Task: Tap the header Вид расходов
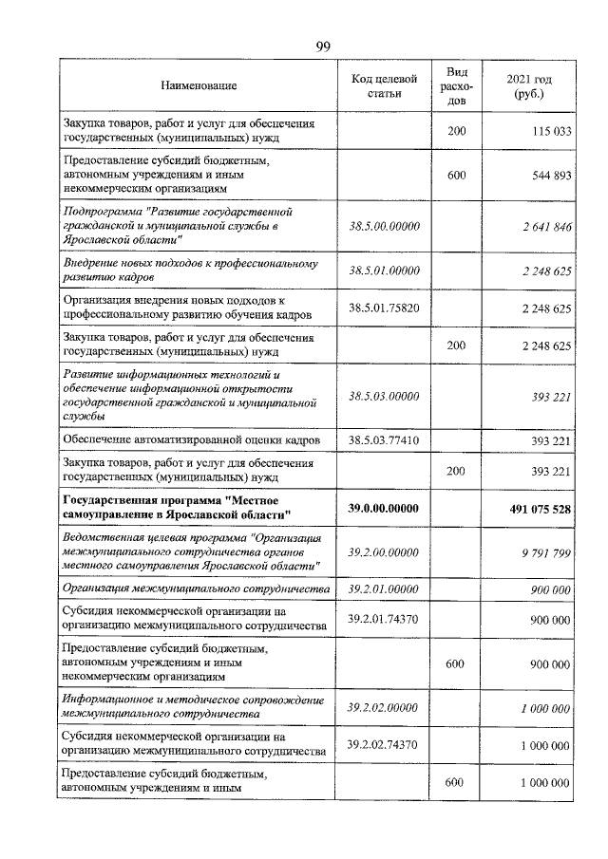(457, 85)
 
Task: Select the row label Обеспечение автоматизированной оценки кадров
(190, 440)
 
